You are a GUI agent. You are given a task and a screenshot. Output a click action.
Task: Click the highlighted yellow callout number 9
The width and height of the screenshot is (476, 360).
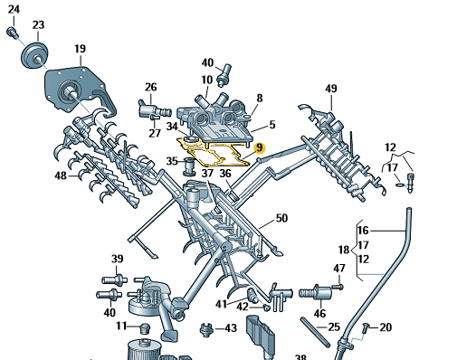(x=260, y=148)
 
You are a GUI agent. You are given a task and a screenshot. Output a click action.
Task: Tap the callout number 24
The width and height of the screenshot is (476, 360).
(x=14, y=10)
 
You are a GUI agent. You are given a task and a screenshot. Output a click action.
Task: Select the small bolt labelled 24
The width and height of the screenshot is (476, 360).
(x=12, y=33)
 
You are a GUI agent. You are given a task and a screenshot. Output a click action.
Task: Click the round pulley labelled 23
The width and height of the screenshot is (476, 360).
(x=34, y=56)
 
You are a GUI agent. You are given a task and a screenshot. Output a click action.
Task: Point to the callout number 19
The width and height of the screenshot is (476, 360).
(x=80, y=49)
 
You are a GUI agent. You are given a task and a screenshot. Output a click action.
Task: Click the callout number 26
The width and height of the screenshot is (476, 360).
(x=150, y=87)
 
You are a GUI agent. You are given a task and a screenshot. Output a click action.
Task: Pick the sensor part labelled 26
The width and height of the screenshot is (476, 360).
(x=154, y=109)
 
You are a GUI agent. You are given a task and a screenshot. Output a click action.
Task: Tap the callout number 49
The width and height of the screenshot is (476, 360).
(x=331, y=89)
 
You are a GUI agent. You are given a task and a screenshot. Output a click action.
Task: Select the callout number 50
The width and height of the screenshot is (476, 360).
(x=281, y=218)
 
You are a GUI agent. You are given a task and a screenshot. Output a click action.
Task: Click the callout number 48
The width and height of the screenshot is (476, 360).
(x=61, y=175)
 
